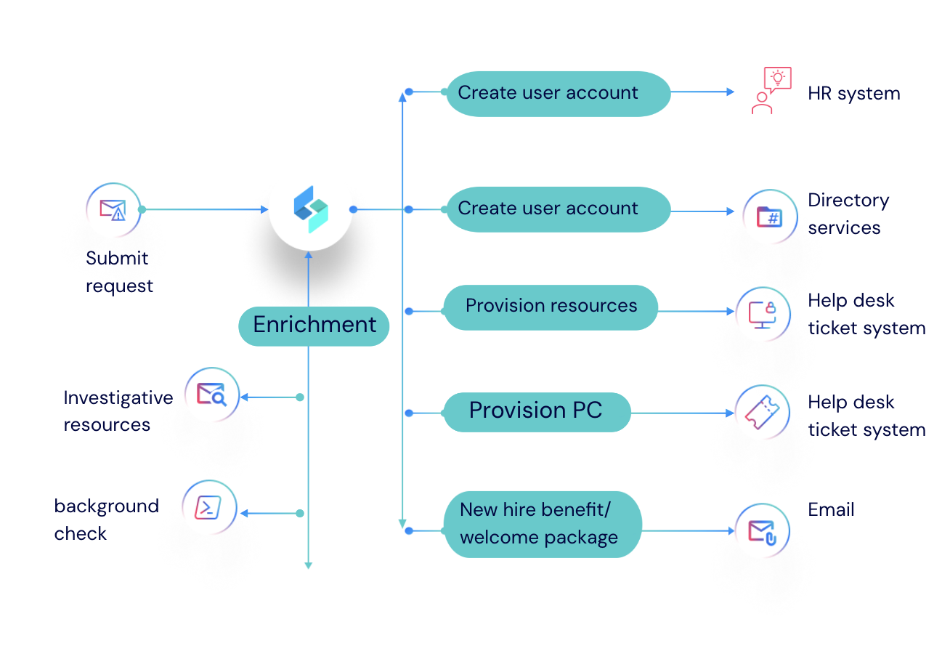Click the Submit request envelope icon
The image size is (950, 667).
113,210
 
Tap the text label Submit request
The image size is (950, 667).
119,272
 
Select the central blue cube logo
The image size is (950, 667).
311,209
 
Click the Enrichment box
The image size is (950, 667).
314,325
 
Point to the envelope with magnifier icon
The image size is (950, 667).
211,395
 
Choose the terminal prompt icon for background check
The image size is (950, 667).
210,507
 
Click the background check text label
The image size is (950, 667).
106,520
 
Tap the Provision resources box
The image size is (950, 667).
551,307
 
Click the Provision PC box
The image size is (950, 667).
536,411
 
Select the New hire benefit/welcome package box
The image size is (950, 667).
542,524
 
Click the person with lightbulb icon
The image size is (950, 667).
769,91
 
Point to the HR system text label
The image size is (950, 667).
853,94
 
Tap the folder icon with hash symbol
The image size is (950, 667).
769,217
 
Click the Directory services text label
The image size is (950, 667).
848,214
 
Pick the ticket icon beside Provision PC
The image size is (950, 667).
762,412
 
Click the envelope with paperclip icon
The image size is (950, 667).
763,531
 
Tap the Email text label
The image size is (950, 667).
831,510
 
